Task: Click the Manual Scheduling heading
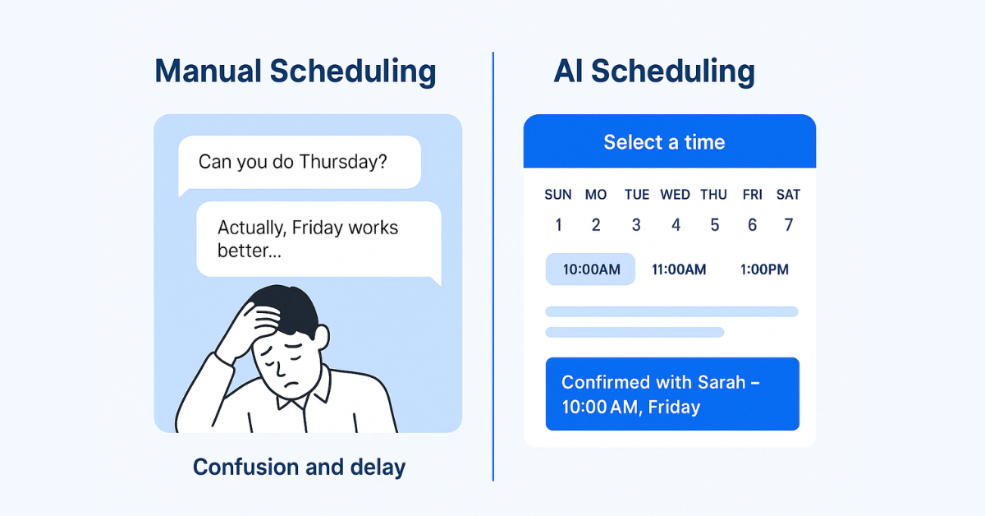coord(295,71)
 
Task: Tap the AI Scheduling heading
coord(654,71)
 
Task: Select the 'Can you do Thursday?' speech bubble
coord(300,163)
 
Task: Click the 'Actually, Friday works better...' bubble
coord(318,240)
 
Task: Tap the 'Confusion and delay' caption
coord(299,468)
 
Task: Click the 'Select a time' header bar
coord(669,141)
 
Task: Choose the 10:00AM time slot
coord(590,269)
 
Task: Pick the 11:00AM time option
coord(679,270)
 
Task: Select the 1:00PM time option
coord(764,270)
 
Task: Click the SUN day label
coord(558,195)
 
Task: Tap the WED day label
coord(675,195)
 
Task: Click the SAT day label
coord(788,195)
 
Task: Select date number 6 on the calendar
coord(753,225)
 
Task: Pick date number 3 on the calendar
coord(636,225)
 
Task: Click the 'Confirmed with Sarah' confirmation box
coord(672,394)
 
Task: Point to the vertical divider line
coord(493,266)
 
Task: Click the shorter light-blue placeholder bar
coord(635,333)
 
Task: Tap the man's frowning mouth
coord(291,385)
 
